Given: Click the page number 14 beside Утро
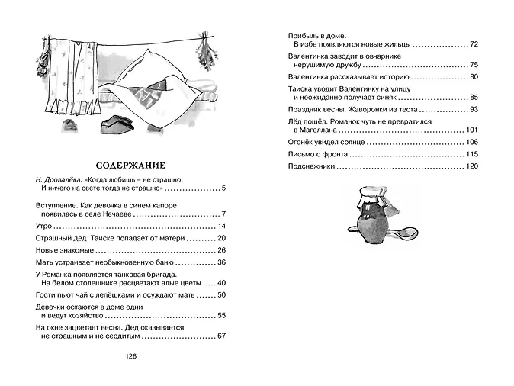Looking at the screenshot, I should (222, 227).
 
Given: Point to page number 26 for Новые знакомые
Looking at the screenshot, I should (222, 250).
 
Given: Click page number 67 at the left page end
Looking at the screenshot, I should (222, 335).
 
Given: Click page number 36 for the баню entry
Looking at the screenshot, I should (222, 262).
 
